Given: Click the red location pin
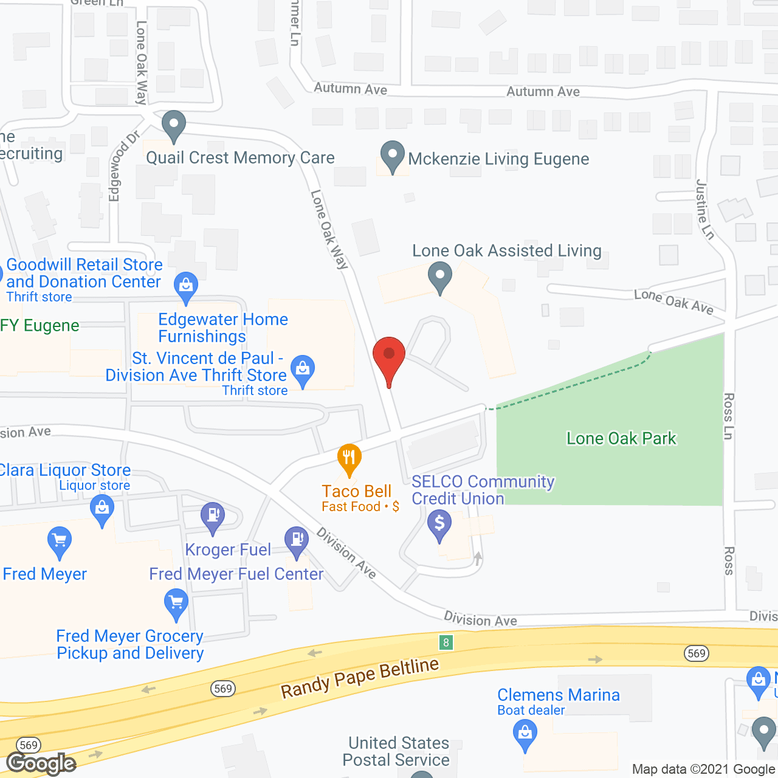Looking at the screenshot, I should pyautogui.click(x=388, y=356).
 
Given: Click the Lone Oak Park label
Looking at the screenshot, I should pyautogui.click(x=621, y=438).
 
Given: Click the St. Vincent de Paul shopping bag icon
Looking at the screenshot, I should pyautogui.click(x=303, y=369).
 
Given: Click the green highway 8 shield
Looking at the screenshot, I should pyautogui.click(x=446, y=642).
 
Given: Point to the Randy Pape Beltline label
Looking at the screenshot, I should pyautogui.click(x=360, y=678).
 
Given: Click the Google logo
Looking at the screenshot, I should pyautogui.click(x=41, y=763).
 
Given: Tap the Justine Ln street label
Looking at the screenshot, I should pyautogui.click(x=704, y=209).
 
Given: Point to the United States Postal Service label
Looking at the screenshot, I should pyautogui.click(x=396, y=751).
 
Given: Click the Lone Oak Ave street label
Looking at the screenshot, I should pyautogui.click(x=673, y=301).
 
